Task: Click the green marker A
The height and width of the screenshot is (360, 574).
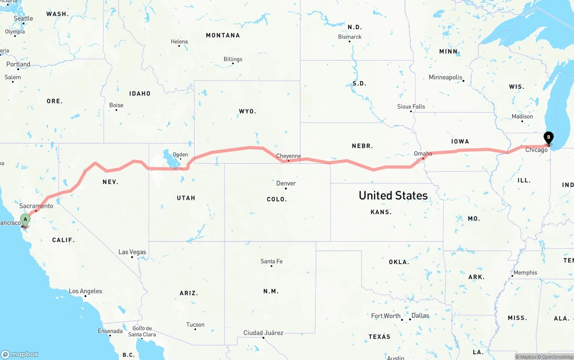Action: [25, 220]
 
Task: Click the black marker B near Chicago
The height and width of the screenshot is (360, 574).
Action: [548, 138]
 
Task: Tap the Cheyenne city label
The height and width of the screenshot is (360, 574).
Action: [288, 156]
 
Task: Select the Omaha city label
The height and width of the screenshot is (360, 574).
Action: [423, 154]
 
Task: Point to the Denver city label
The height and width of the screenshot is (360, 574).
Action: [286, 183]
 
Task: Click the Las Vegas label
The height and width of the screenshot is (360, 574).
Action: [132, 252]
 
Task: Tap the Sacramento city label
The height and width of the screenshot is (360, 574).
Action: [36, 206]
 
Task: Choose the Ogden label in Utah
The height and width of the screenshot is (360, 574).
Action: [180, 155]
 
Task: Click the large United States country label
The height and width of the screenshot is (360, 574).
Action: [393, 195]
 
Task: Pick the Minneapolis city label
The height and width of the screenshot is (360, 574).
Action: [445, 77]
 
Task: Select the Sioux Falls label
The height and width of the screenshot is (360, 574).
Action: [411, 106]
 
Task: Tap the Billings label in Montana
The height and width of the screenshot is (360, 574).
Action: [233, 59]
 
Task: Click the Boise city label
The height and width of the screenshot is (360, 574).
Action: [116, 105]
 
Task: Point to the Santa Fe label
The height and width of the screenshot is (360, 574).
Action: [271, 261]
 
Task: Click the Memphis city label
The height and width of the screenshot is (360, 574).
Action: [525, 273]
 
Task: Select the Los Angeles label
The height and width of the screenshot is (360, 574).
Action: [85, 291]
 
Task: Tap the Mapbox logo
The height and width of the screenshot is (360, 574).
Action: [20, 354]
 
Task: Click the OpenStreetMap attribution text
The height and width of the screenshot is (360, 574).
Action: [557, 357]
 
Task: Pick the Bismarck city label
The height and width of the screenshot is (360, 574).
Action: [350, 37]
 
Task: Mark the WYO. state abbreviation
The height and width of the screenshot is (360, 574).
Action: [248, 111]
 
